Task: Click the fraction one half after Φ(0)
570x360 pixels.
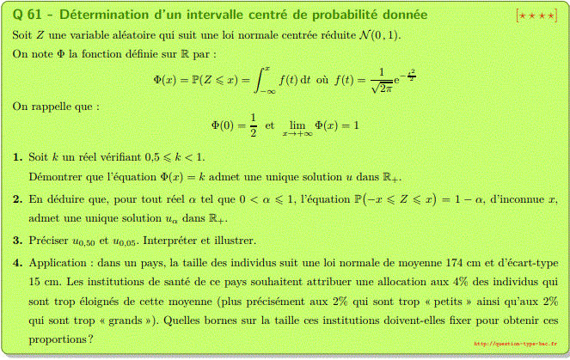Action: click(253, 125)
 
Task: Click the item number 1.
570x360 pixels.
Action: click(18, 157)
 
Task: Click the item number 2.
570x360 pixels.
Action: click(18, 199)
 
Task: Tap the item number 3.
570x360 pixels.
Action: click(18, 240)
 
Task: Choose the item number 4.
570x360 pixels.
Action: click(18, 261)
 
